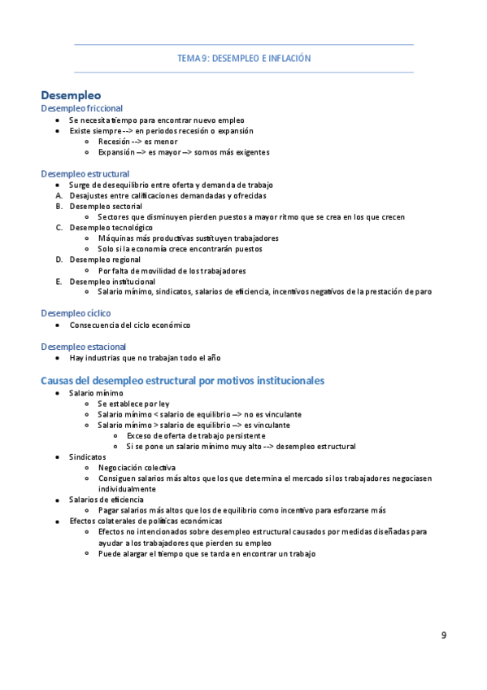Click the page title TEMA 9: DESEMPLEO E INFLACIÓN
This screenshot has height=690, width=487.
pyautogui.click(x=244, y=59)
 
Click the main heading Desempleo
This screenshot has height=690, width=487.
pyautogui.click(x=72, y=95)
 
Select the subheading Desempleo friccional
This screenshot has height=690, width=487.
pyautogui.click(x=82, y=107)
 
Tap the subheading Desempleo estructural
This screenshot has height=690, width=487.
pyautogui.click(x=85, y=173)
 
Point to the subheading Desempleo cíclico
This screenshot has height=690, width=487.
pyautogui.click(x=76, y=313)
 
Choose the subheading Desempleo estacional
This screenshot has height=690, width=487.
pyautogui.click(x=82, y=346)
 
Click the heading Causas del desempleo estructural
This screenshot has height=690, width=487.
pyautogui.click(x=183, y=380)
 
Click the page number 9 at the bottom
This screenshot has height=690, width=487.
pyautogui.click(x=444, y=635)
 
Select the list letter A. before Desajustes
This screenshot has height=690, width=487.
pyautogui.click(x=59, y=195)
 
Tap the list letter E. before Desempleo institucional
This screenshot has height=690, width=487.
pyautogui.click(x=59, y=281)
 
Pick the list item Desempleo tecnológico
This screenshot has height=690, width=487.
pyautogui.click(x=111, y=228)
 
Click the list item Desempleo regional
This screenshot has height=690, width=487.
pyautogui.click(x=105, y=260)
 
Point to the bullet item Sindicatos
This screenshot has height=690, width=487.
pyautogui.click(x=88, y=457)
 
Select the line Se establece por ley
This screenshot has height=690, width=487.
pyautogui.click(x=133, y=404)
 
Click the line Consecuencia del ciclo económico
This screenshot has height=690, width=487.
pyautogui.click(x=130, y=325)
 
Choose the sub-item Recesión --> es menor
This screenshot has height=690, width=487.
pyautogui.click(x=137, y=141)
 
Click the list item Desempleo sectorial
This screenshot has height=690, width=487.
pyautogui.click(x=106, y=206)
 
